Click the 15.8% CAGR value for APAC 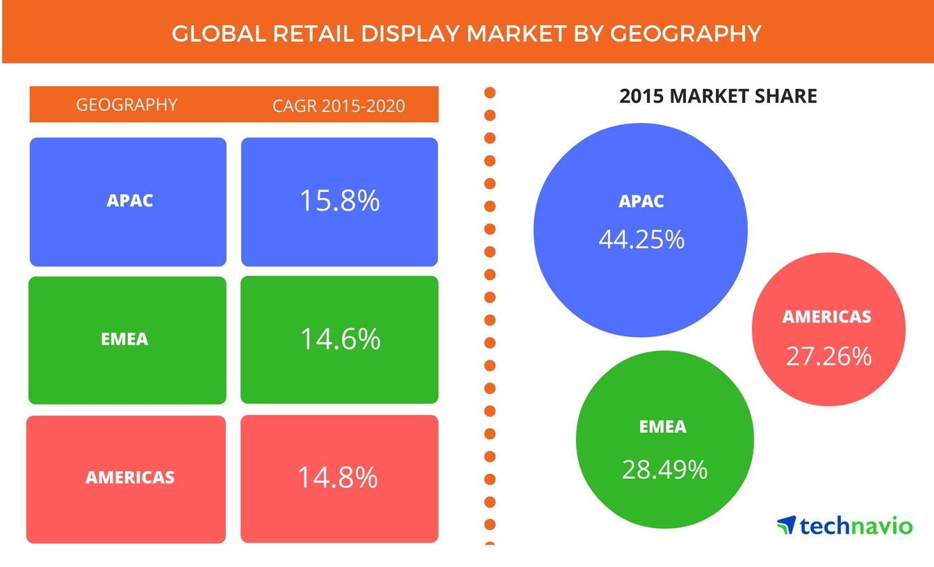[x=339, y=201]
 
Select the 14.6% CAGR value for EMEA [x=340, y=339]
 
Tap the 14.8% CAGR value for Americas [x=338, y=477]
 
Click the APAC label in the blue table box [x=130, y=201]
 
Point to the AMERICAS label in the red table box [x=130, y=477]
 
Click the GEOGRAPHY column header [x=126, y=105]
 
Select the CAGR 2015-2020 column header [x=339, y=106]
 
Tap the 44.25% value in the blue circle [x=641, y=240]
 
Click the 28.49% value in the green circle [x=664, y=470]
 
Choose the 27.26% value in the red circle [x=828, y=356]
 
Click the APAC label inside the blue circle [x=641, y=202]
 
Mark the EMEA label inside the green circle [x=663, y=427]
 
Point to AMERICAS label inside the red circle [x=827, y=317]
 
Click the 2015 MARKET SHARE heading [x=718, y=96]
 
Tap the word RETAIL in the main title [x=309, y=33]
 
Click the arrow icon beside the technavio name [x=786, y=525]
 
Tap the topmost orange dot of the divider [x=489, y=92]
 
